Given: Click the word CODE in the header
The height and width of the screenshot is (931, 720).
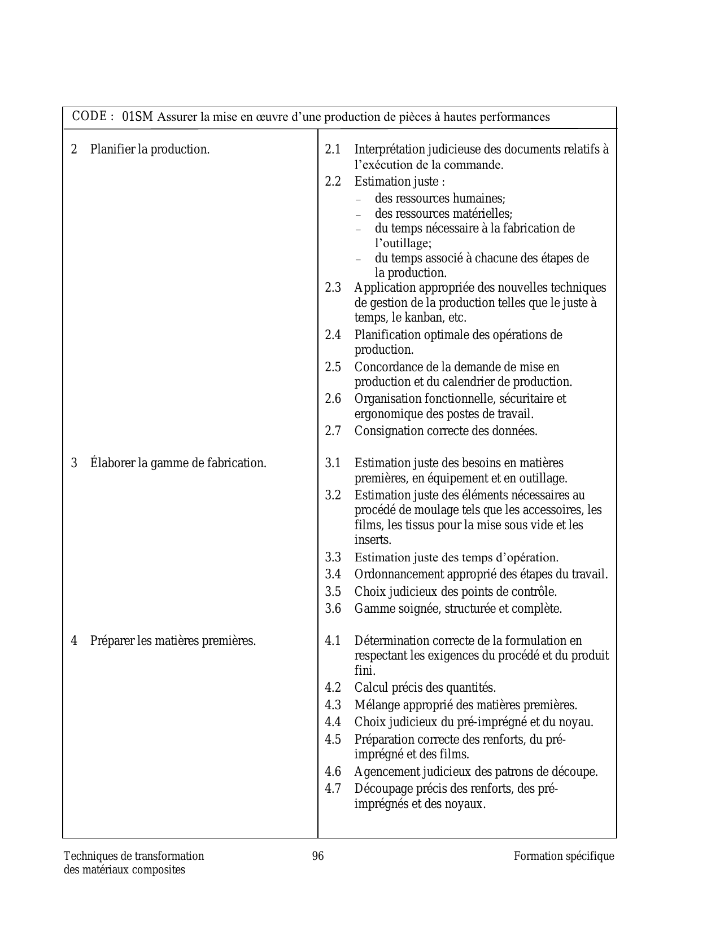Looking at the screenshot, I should point(90,116).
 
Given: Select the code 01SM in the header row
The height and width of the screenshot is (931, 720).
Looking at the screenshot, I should point(137,117).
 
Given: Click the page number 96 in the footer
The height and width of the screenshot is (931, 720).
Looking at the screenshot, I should point(318,856).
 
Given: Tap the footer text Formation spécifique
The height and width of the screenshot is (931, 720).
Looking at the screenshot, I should point(564,856).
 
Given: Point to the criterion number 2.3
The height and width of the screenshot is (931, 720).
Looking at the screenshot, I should point(333,288).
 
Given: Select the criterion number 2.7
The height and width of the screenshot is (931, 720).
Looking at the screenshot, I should point(333,431).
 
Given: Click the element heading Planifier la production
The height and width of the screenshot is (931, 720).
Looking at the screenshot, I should point(150,150).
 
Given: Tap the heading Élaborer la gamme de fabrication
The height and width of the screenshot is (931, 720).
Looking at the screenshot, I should point(178,463).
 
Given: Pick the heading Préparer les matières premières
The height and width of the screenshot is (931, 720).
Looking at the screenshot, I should point(173,641).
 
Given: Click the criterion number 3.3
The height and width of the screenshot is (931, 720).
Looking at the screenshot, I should point(333,557).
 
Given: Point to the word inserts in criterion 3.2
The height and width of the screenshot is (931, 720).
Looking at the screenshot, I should point(373,540).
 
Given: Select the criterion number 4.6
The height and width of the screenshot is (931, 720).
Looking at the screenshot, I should point(333,771).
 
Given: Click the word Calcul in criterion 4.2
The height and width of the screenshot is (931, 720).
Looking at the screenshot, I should point(370,688).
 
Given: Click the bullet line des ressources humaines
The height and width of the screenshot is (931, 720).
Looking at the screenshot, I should point(440,199).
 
